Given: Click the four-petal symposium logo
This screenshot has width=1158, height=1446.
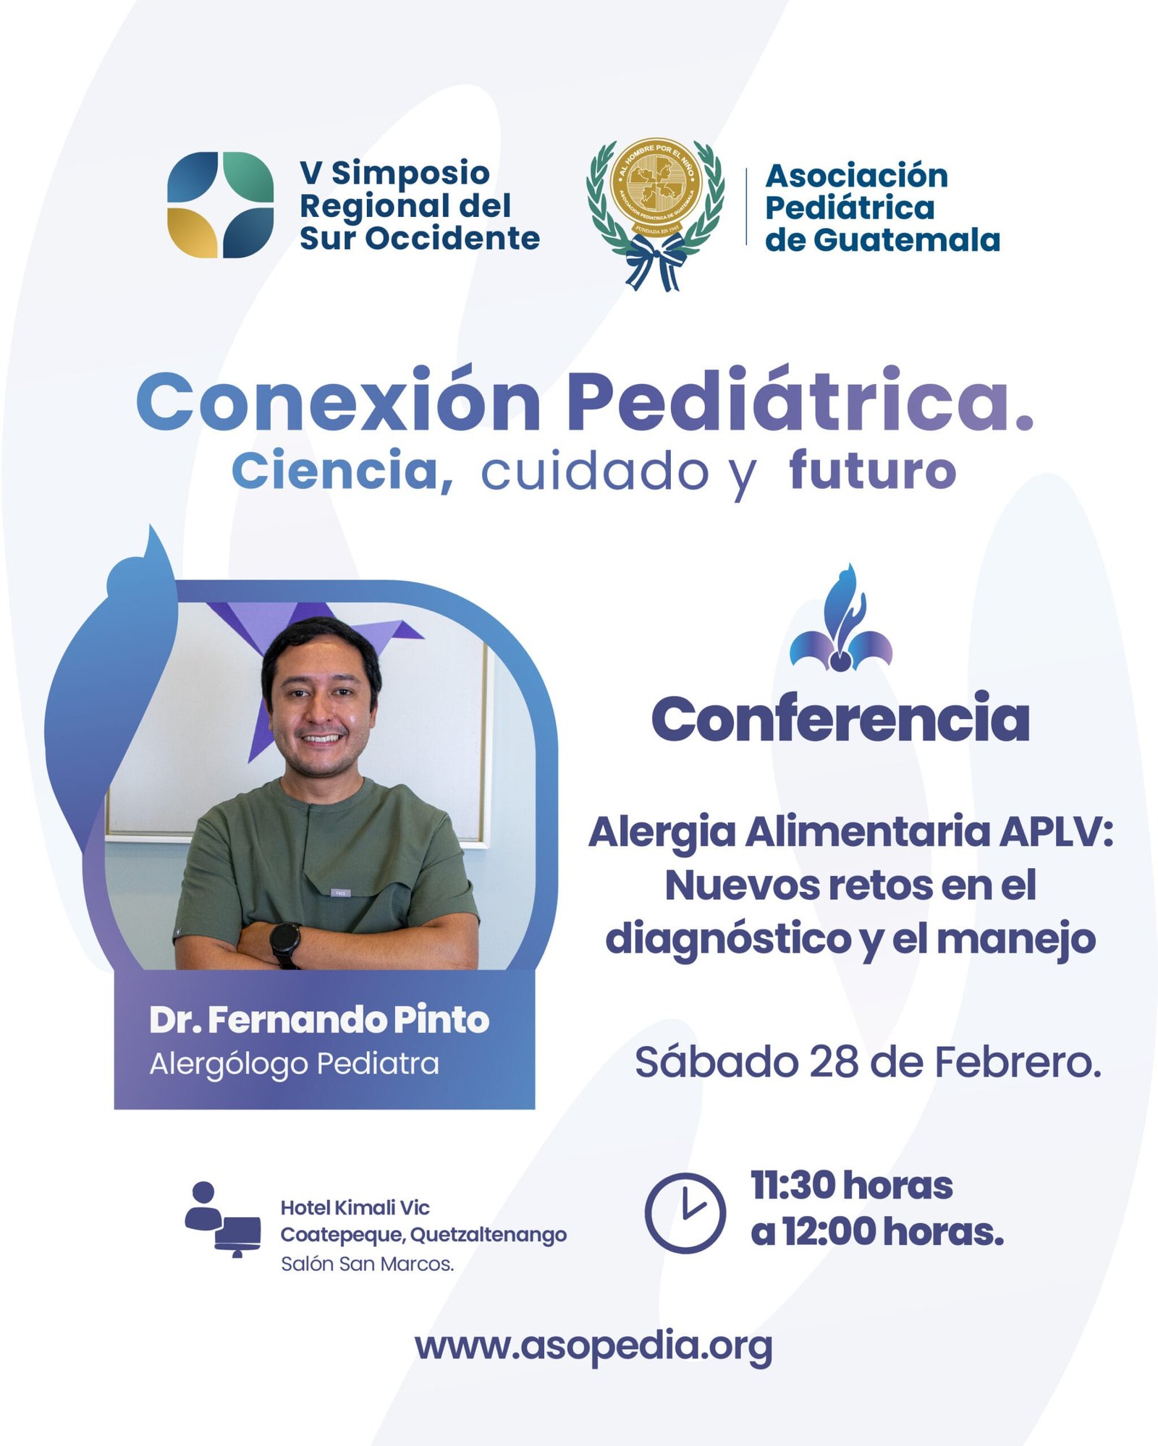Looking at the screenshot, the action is [220, 205].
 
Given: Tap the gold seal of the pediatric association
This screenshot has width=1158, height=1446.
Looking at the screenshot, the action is [656, 187].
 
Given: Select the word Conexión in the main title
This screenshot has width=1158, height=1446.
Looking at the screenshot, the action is [338, 401].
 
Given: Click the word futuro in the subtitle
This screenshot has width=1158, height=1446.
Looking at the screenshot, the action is [872, 470].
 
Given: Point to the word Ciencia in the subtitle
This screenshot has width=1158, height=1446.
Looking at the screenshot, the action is [342, 471].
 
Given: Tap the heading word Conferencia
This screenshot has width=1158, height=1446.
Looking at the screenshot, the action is [840, 718].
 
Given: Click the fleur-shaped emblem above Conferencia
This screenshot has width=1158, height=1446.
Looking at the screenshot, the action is [840, 618].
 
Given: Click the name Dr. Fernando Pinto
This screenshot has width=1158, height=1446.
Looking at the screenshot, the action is [319, 1020].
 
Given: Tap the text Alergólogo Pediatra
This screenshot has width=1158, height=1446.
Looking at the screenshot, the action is [294, 1064].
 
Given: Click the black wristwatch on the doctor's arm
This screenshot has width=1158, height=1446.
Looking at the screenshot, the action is [285, 944].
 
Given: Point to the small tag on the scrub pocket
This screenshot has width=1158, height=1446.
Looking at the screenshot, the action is [341, 893].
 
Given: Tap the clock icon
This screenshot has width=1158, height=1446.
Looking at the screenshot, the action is [685, 1213].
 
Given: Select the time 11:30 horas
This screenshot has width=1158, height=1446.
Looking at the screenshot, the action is [851, 1185].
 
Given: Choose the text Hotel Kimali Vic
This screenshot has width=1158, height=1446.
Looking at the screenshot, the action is [355, 1207].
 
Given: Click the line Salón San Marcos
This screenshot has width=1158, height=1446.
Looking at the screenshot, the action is [367, 1264].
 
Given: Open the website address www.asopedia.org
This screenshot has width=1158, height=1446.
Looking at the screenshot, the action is [593, 1346].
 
